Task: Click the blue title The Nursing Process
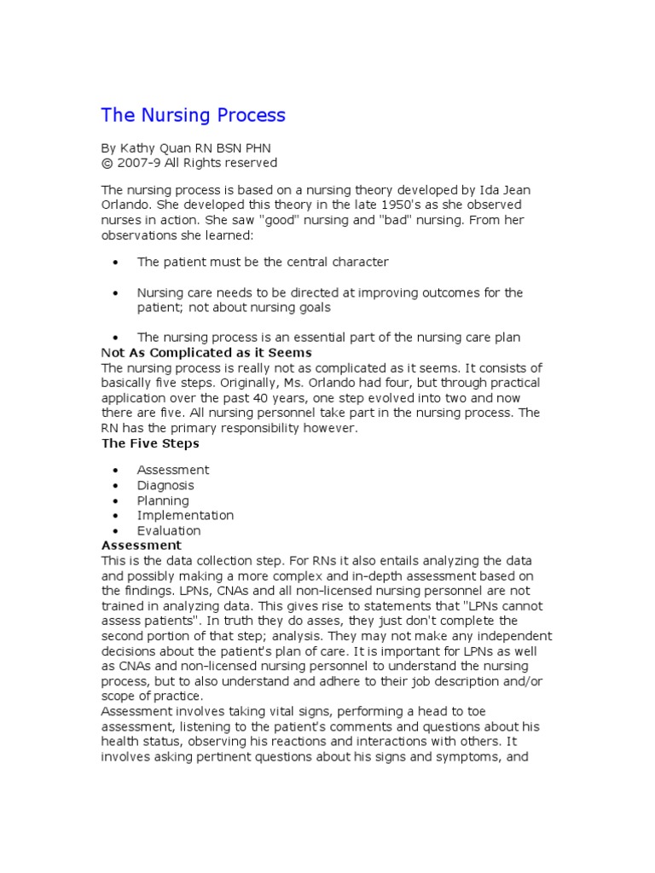194,115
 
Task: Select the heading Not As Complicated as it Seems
206,352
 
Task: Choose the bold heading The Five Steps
150,443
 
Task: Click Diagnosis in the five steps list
165,485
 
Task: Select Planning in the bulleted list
163,500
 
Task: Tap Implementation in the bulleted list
185,515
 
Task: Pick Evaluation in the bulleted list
169,530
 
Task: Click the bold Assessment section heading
142,545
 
